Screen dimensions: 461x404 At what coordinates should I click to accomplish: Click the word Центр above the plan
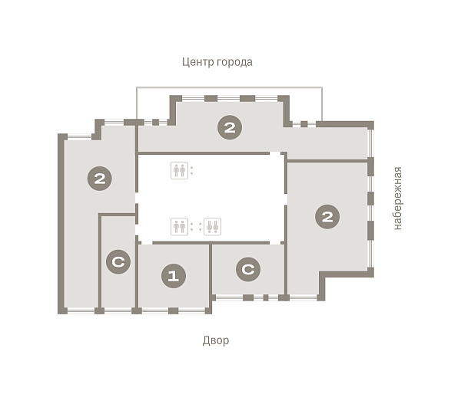197,62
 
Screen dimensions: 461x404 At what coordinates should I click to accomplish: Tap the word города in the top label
234,63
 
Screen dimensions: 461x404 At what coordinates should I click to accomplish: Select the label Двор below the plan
215,340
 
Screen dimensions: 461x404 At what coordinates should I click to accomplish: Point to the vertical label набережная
397,199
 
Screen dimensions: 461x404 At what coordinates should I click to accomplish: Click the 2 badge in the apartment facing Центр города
230,127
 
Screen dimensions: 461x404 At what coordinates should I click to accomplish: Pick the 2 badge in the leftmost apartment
100,179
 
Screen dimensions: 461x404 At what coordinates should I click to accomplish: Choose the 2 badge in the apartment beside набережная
327,217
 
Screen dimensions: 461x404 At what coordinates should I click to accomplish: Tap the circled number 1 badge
174,276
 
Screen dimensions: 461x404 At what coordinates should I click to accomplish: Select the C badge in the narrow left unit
118,261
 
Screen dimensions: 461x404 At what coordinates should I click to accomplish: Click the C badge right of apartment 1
248,269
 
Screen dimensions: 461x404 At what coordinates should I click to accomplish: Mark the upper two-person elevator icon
179,170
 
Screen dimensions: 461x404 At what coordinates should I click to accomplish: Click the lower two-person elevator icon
179,226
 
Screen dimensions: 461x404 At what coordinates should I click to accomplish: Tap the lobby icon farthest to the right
212,226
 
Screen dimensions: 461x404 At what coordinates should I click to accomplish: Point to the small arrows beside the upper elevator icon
191,170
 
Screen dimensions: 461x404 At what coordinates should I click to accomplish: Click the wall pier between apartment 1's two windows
173,310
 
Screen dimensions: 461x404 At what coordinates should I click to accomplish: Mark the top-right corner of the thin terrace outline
322,87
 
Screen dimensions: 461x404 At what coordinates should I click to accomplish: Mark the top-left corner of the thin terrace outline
137,87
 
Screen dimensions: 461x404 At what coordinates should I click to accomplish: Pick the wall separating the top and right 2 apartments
327,161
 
